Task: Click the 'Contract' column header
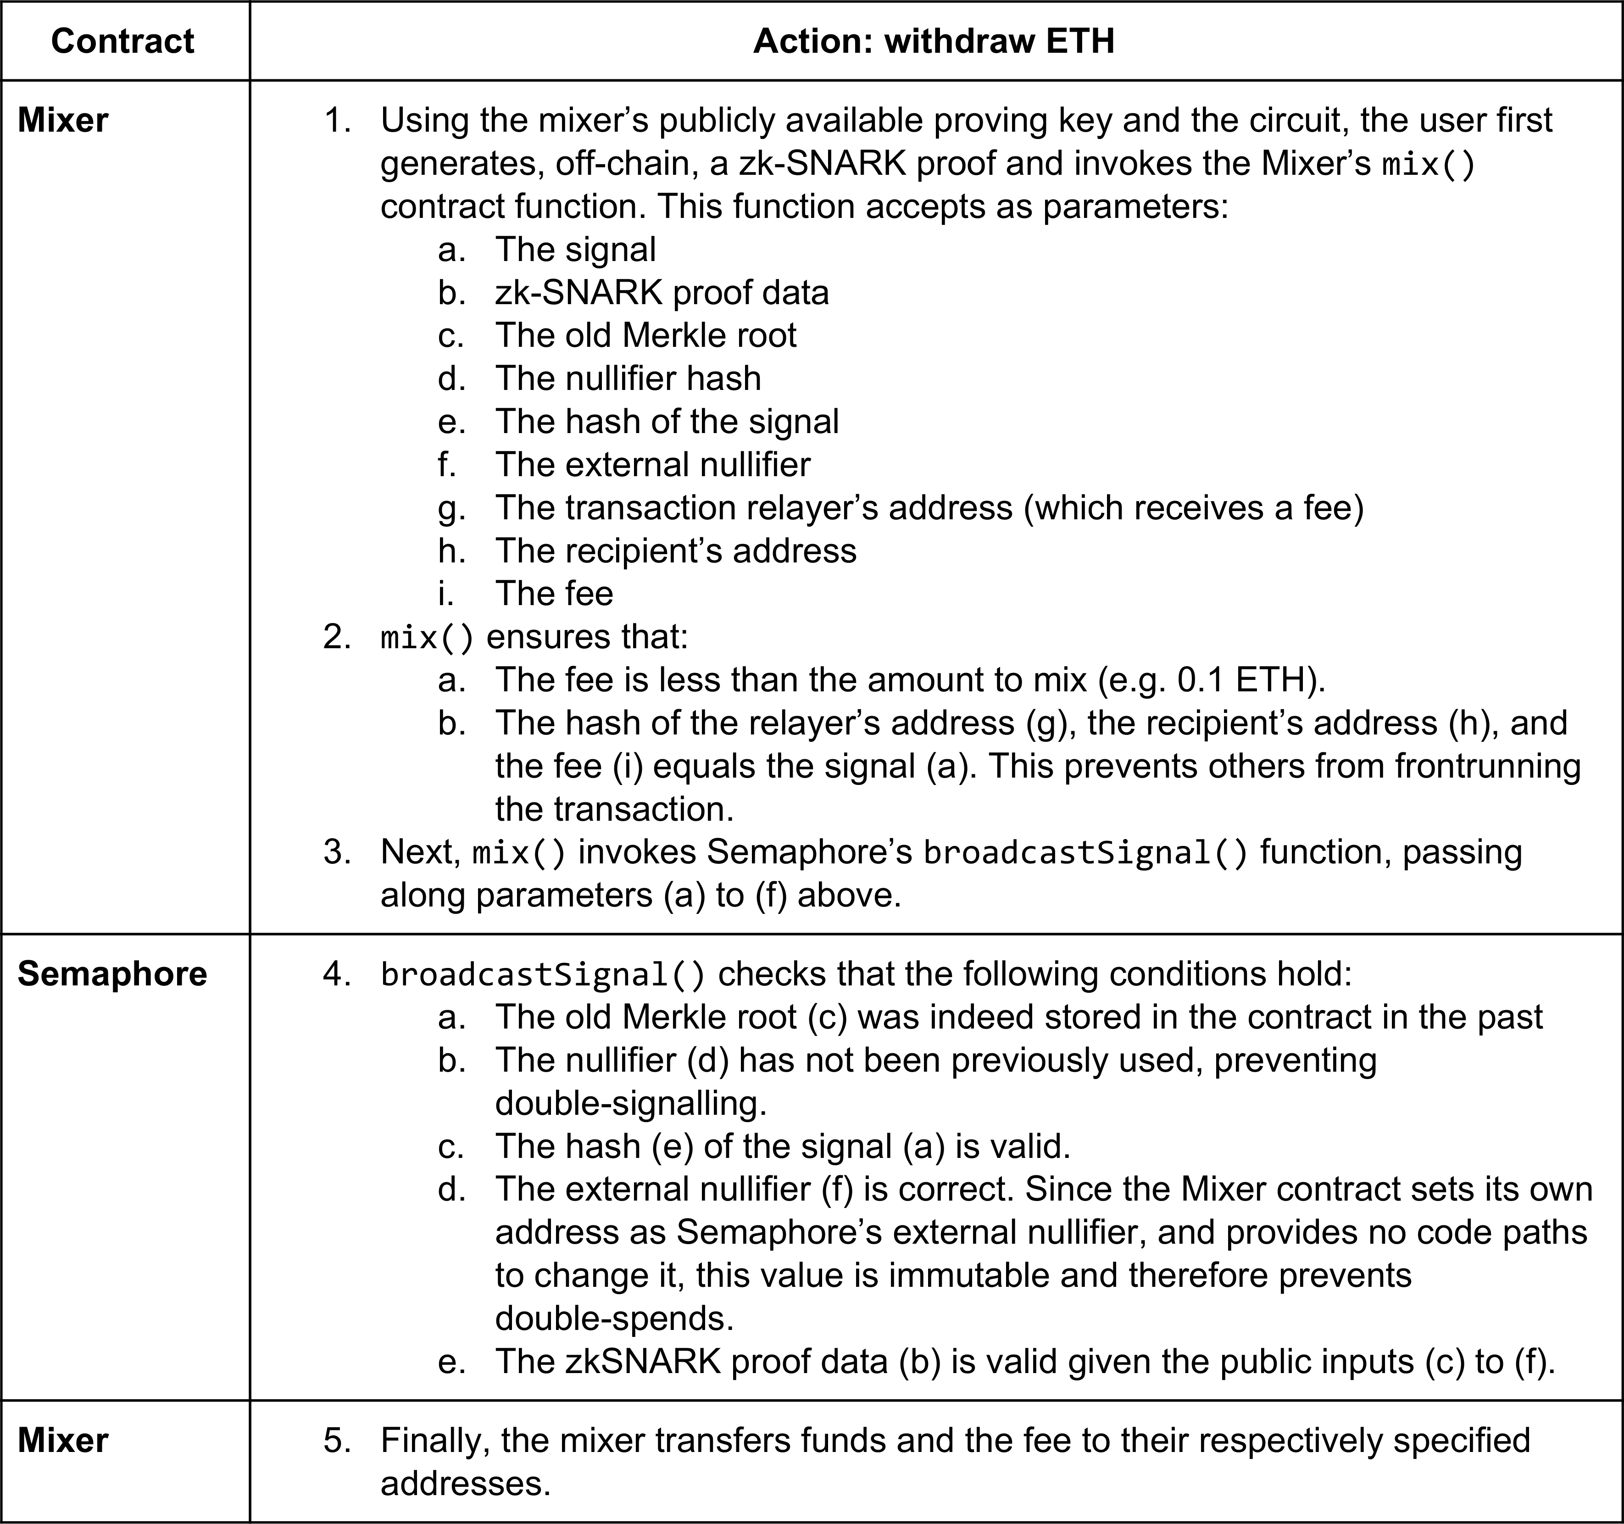(122, 41)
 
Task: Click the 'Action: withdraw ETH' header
(934, 41)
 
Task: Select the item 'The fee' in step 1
(553, 594)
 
